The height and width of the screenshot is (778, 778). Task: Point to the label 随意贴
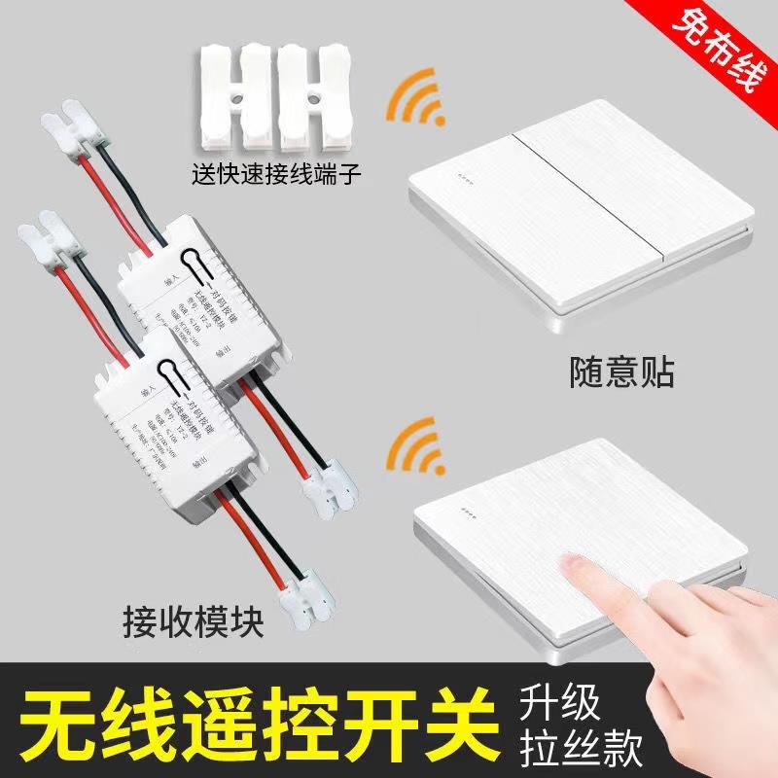point(621,372)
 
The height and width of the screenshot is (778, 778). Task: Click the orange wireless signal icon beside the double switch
point(414,101)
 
